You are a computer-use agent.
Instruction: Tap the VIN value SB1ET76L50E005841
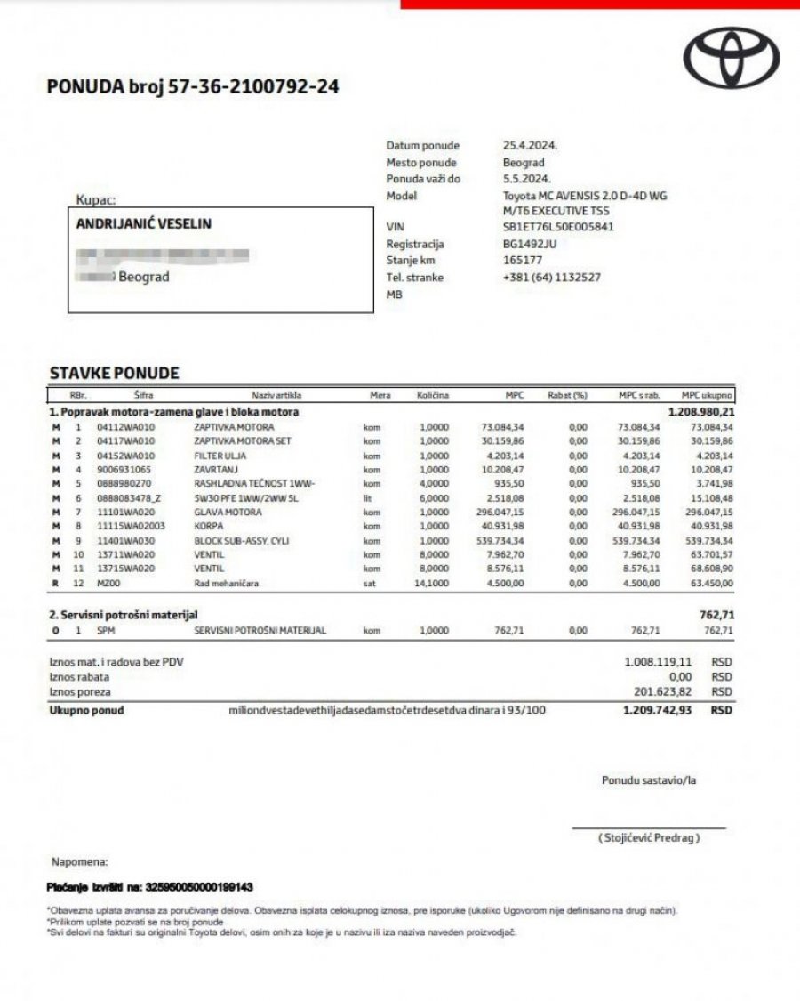pos(558,227)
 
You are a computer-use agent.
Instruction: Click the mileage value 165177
pos(523,261)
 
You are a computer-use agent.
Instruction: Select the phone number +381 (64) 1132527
pos(552,278)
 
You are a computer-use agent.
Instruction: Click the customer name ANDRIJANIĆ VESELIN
pos(144,224)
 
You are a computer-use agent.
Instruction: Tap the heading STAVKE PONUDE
pos(114,374)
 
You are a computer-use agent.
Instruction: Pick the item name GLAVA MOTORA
pos(228,513)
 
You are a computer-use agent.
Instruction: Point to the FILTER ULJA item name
pos(222,456)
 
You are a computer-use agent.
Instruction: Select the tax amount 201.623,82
pos(658,691)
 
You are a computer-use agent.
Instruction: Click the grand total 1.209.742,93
pos(657,711)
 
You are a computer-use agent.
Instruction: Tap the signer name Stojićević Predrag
pos(649,837)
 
